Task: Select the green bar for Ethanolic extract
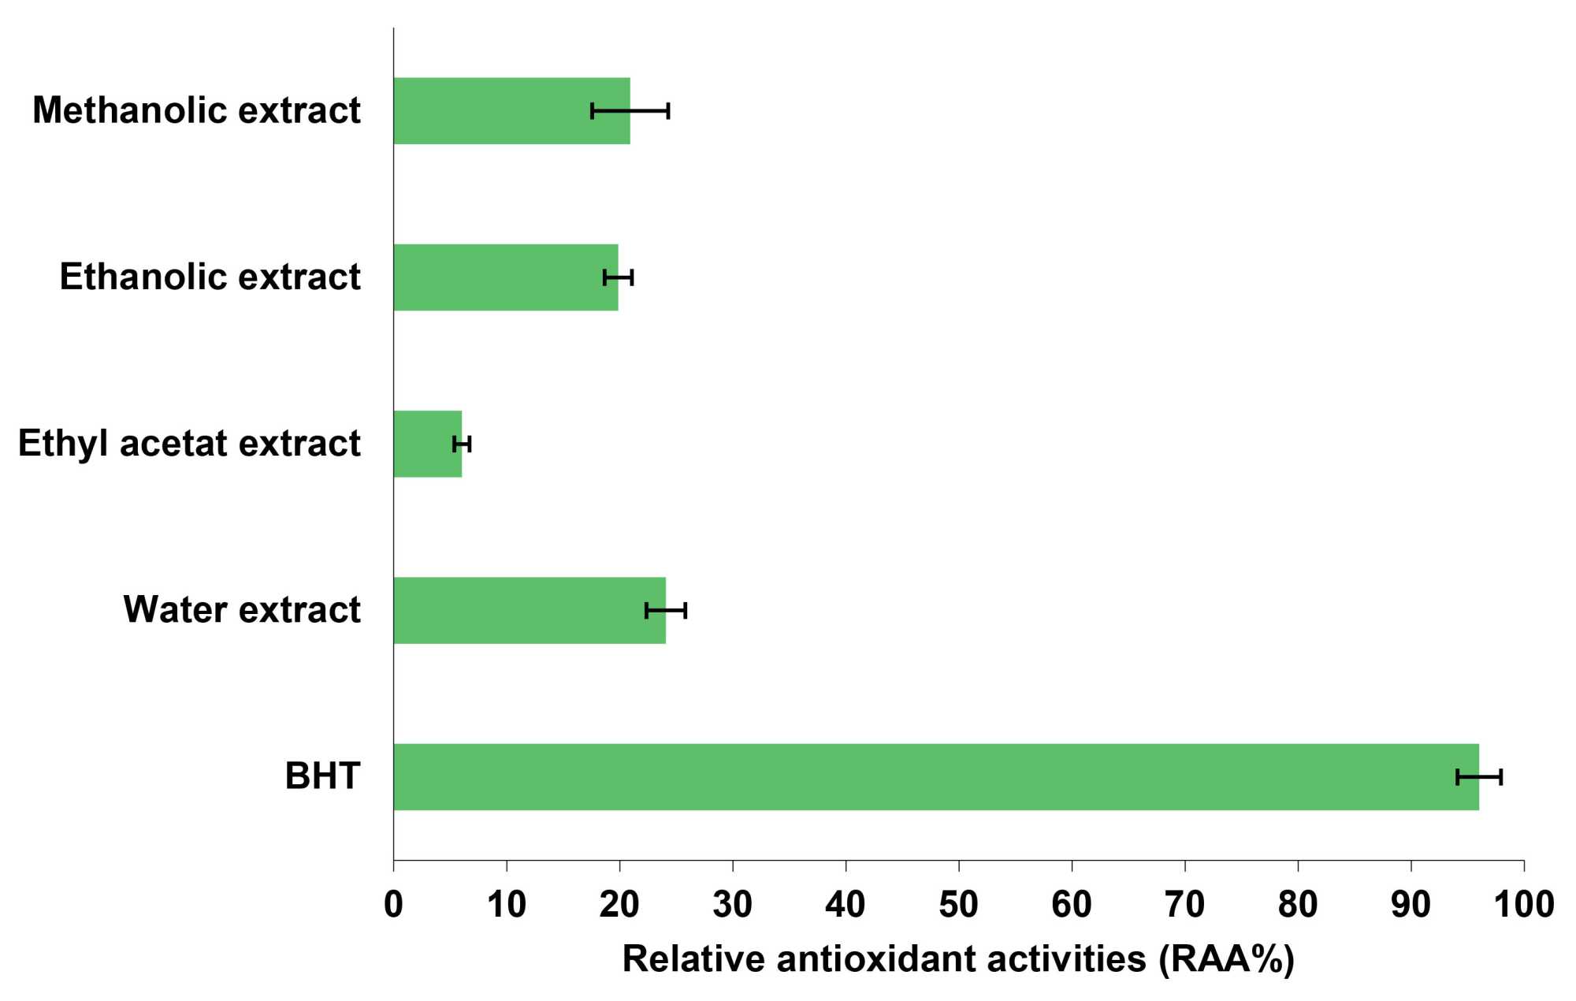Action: click(504, 277)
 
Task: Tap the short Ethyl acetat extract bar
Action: click(426, 444)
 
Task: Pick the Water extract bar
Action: click(528, 610)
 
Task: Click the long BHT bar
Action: click(930, 776)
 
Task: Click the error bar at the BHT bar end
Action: click(1479, 777)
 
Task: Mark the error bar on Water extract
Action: click(666, 611)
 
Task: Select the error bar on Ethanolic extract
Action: click(619, 277)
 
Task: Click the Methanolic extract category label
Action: click(196, 110)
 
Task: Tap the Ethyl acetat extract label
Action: click(189, 444)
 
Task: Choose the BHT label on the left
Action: click(322, 776)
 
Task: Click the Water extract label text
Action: click(242, 610)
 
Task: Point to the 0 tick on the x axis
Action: click(393, 904)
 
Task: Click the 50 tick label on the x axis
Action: click(958, 904)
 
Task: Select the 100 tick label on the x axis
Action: click(1523, 904)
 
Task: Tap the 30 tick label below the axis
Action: click(732, 904)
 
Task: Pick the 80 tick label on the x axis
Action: click(1297, 904)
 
